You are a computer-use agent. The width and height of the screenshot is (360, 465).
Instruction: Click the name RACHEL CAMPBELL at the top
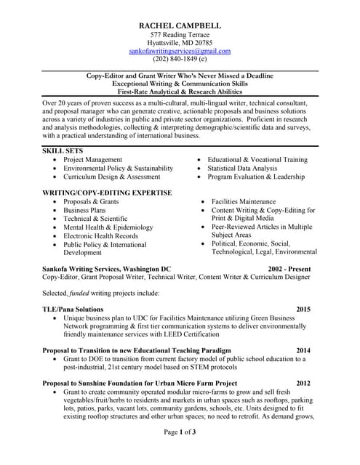point(180,25)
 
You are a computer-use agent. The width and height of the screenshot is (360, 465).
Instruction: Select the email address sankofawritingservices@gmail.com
point(180,52)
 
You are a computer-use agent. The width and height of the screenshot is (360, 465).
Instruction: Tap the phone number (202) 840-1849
point(180,60)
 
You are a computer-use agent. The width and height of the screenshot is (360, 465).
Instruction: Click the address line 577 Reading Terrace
point(180,35)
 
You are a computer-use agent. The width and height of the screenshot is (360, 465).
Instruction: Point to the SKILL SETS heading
point(63,150)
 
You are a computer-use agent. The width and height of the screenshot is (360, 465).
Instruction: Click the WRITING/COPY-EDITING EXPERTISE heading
point(108,193)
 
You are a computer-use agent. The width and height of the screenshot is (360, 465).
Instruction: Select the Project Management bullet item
point(92,159)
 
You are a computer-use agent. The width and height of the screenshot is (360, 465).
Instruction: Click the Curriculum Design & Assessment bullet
point(111,177)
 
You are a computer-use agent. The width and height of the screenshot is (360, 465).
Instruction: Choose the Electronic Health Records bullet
point(100,236)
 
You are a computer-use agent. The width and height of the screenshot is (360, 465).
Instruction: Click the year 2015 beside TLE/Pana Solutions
point(303,310)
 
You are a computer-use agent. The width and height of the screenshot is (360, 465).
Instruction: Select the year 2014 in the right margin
point(303,350)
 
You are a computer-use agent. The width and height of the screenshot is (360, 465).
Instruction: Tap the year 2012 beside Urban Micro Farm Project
point(303,383)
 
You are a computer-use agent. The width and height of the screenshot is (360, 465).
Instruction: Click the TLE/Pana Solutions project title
point(73,310)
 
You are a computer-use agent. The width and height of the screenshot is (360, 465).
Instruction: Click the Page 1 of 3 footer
point(180,453)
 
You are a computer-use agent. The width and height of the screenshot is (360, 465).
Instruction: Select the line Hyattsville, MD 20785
point(180,43)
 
